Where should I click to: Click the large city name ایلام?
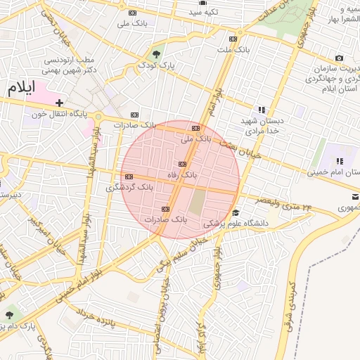(22, 90)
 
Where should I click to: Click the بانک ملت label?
(233, 51)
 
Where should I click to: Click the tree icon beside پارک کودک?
(155, 53)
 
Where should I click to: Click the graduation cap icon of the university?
(236, 213)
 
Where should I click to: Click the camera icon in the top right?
(340, 58)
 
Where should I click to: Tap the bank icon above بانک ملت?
(233, 39)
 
